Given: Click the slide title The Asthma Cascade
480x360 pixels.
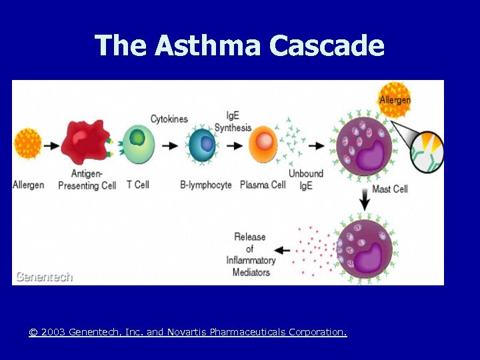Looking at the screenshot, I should point(239,46).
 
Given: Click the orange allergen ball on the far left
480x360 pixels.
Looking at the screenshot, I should point(28,143).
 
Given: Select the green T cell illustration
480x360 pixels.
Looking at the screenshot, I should point(138,143).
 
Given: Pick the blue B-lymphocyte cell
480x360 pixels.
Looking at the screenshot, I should point(203,145).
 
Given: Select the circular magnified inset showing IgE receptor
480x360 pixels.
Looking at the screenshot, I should point(427,151).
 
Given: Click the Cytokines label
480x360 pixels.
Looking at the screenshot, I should point(169,119).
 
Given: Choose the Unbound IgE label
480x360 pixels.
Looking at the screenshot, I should point(306,179).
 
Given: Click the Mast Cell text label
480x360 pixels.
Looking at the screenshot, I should point(389,189).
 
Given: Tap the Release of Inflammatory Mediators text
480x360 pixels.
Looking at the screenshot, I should point(250,254).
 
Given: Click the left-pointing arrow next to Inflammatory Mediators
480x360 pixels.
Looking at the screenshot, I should point(283,251).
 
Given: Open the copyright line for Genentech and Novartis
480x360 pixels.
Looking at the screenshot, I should point(187,331).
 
